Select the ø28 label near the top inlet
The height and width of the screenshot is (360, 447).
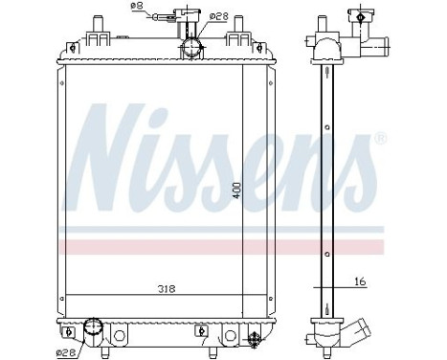pos(218,16)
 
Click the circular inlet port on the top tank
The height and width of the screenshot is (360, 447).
pos(191,47)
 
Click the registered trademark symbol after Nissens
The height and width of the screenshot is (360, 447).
pos(381,140)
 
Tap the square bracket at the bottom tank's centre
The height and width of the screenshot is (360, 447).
pos(201,334)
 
